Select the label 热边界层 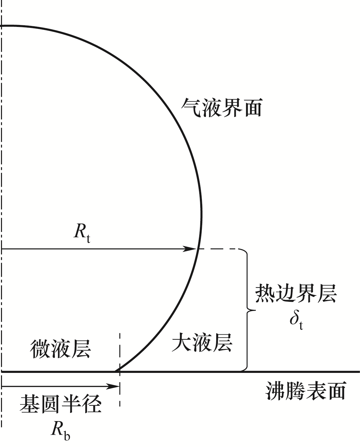296,293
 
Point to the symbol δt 296,320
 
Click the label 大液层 202,343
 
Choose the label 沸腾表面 306,391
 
